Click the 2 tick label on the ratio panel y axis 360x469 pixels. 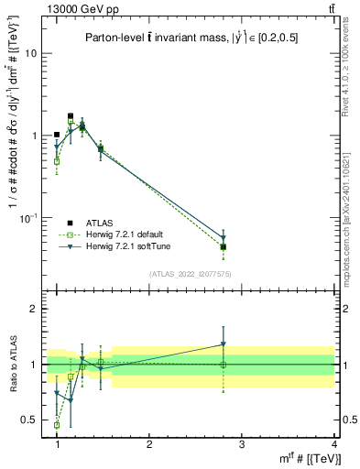click(34, 310)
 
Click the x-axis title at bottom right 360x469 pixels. click(306, 458)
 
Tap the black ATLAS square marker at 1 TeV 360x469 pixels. click(57, 135)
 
